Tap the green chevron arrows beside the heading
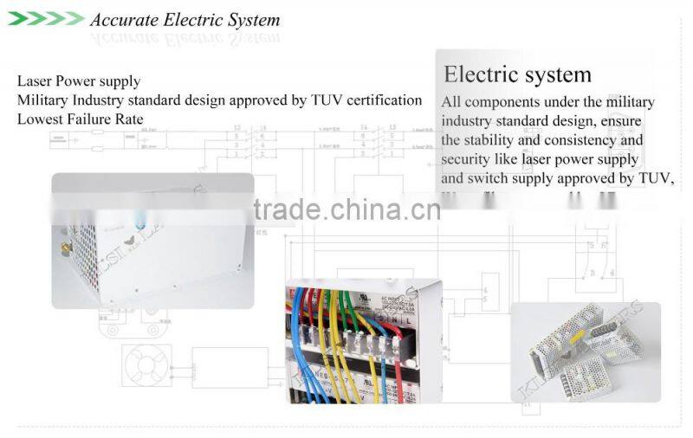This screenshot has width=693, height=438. pos(45,19)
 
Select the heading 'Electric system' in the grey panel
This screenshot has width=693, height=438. pos(517,74)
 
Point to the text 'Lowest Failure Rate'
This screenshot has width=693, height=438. pos(81,119)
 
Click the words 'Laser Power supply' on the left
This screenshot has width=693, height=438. pos(79,81)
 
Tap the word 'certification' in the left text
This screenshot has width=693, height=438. pos(385,100)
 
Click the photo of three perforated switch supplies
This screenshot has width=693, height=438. pos(585,351)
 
